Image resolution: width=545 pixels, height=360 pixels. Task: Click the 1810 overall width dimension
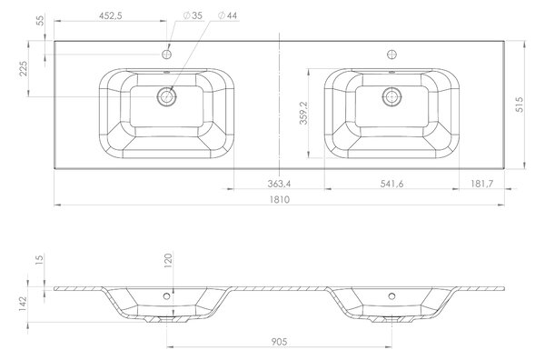pos(279,200)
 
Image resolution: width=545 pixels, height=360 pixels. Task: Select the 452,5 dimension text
pos(111,15)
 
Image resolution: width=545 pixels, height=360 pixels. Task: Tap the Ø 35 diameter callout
pos(193,15)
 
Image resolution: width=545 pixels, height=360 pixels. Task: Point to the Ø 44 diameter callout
pos(227,15)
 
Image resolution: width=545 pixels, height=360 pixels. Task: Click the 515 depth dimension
pos(520,105)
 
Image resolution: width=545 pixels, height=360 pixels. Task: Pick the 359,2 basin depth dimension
pos(303,113)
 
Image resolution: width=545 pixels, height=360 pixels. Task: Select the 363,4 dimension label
pos(279,184)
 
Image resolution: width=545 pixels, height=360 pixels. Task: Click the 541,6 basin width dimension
pos(391,184)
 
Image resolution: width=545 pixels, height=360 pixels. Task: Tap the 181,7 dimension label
pos(481,184)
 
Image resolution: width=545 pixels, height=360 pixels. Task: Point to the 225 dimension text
pos(23,68)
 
